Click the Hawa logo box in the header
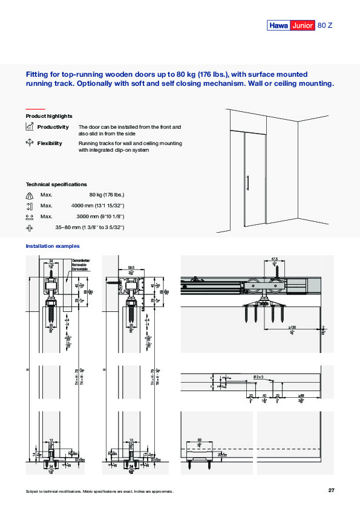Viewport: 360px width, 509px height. tap(279, 25)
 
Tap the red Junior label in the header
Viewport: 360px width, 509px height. tap(303, 25)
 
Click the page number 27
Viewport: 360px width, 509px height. tap(331, 490)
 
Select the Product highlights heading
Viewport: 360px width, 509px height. tap(49, 115)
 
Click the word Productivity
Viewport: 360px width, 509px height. tap(53, 127)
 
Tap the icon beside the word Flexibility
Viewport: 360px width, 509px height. tap(29, 143)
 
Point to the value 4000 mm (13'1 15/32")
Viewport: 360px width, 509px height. tap(97, 206)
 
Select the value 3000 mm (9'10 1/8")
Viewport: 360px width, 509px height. tap(100, 216)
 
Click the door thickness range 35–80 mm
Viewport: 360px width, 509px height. tap(90, 227)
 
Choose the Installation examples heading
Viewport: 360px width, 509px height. tap(53, 246)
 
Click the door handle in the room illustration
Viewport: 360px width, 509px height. tap(247, 183)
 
